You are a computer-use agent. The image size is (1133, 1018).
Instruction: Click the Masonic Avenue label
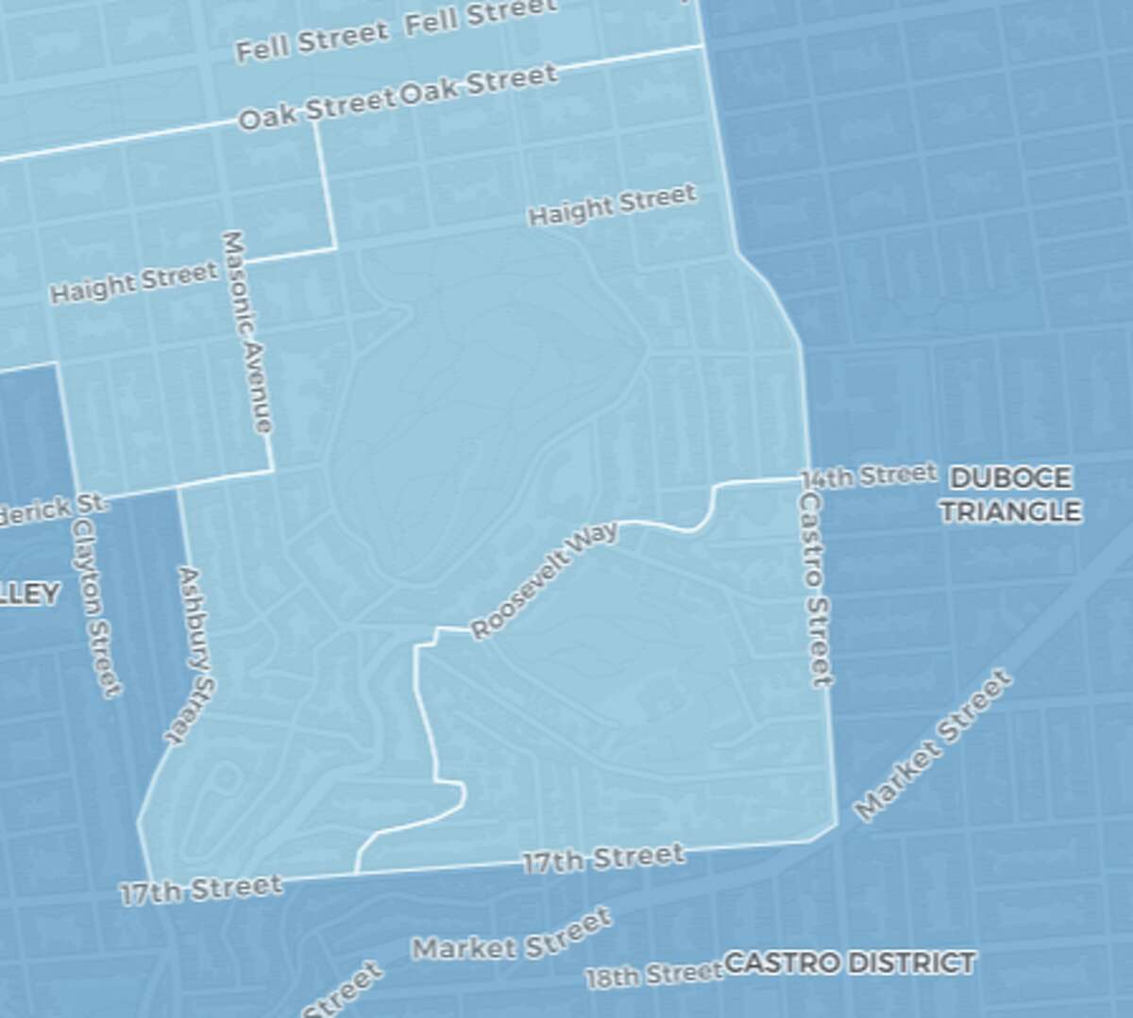click(x=247, y=332)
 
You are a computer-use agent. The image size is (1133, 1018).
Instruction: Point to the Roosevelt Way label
click(x=545, y=579)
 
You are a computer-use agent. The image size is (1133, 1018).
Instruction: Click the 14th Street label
click(x=869, y=475)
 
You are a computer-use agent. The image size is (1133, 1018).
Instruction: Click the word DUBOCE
click(x=1010, y=478)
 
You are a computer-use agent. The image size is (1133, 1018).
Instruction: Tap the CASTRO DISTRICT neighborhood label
click(x=849, y=963)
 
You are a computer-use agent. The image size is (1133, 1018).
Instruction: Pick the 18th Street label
click(x=653, y=975)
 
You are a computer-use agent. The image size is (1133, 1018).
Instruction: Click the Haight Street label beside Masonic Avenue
click(x=133, y=282)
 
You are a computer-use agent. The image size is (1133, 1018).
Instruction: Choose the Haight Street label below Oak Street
click(x=612, y=206)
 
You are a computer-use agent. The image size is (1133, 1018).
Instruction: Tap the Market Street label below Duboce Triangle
click(x=932, y=744)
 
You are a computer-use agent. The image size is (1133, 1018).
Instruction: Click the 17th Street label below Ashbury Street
click(x=201, y=889)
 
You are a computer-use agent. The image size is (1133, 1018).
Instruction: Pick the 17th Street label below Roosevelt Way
click(x=603, y=859)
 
